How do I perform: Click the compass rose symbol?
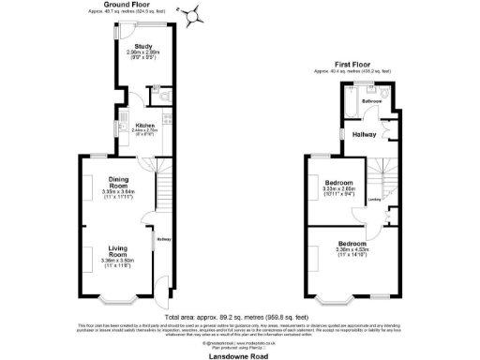coord(194,15)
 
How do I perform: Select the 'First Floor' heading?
coord(352,64)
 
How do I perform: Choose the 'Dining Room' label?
coord(117,181)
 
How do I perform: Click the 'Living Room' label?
coord(117,251)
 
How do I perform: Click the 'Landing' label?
coord(373,199)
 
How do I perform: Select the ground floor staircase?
coord(161,191)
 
